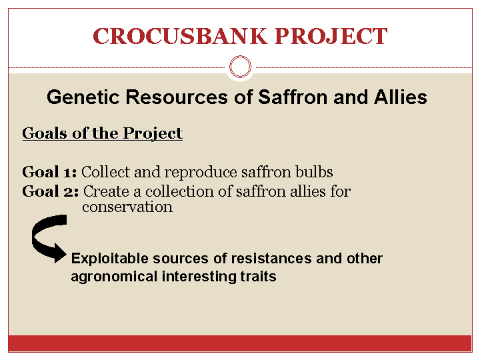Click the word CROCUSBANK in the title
[x=180, y=36]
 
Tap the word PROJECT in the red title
[x=331, y=36]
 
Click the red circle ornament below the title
[x=240, y=67]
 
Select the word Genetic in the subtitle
[x=83, y=97]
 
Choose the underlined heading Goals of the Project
[x=102, y=133]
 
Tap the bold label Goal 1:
[x=49, y=172]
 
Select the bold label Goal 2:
[x=50, y=191]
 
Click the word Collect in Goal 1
[x=105, y=172]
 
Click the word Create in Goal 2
[x=106, y=191]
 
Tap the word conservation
[x=127, y=207]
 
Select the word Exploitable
[x=109, y=259]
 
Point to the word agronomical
[x=114, y=277]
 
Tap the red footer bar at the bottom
[x=240, y=343]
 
